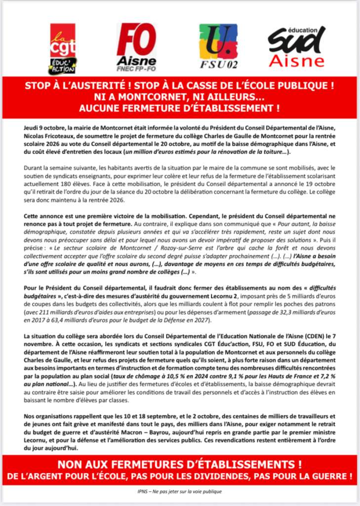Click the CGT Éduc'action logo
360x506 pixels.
coord(63,48)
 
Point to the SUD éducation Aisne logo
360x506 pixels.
coord(297,47)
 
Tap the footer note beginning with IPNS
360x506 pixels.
coord(179,492)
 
